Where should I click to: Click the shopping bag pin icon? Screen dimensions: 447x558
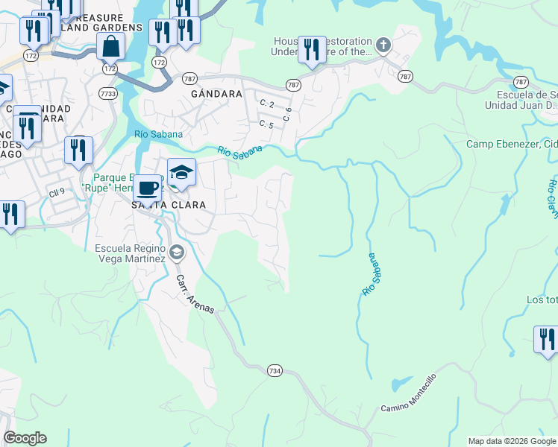(x=110, y=46)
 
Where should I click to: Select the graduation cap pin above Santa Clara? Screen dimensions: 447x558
(x=181, y=173)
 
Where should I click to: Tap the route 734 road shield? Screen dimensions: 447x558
(x=275, y=370)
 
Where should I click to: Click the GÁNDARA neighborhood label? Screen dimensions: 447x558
(x=216, y=95)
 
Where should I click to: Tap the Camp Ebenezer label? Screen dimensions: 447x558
(x=512, y=144)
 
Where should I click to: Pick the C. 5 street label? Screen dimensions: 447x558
(x=266, y=124)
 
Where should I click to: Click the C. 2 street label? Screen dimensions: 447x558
(x=266, y=103)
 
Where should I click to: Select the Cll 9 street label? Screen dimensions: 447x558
(x=57, y=190)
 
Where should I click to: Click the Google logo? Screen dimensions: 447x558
(x=25, y=438)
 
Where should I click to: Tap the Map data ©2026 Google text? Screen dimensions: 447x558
(x=511, y=441)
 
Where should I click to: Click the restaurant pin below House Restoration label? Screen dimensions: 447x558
(x=312, y=50)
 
